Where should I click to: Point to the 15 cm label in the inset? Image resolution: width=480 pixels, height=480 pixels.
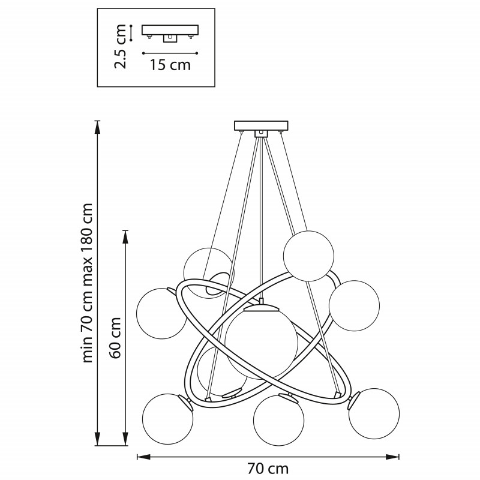tap(170, 65)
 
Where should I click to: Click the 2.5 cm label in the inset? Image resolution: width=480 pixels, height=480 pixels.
tap(122, 46)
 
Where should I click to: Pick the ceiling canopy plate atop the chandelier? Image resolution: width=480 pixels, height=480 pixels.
tap(261, 125)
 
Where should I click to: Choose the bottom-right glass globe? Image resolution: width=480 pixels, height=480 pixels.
tap(374, 413)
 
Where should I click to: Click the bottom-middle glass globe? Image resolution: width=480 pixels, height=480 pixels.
tap(278, 421)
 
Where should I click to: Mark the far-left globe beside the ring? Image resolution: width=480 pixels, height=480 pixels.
tap(161, 313)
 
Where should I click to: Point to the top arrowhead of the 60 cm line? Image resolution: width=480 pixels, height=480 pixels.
tap(125, 234)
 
